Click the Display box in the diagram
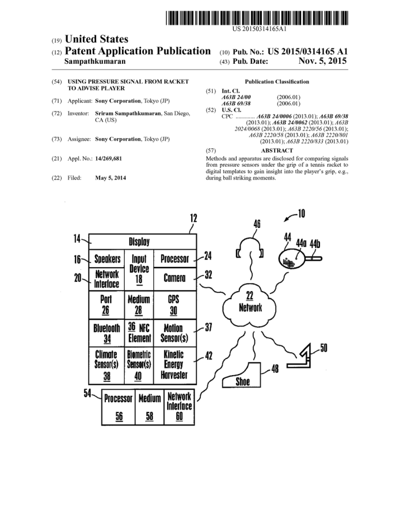[x=139, y=242]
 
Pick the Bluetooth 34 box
[x=109, y=333]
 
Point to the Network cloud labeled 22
[x=248, y=303]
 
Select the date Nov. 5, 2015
[x=323, y=62]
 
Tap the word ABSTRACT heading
[x=277, y=151]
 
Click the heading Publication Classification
[x=276, y=82]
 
